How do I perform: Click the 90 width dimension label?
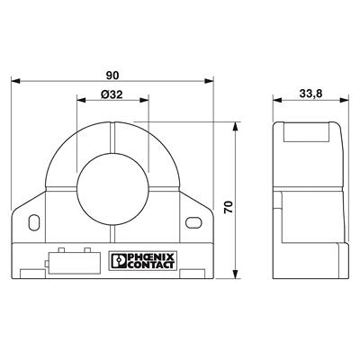(x=113, y=76)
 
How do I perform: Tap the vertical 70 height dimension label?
(x=229, y=206)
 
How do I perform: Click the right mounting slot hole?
(x=193, y=220)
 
